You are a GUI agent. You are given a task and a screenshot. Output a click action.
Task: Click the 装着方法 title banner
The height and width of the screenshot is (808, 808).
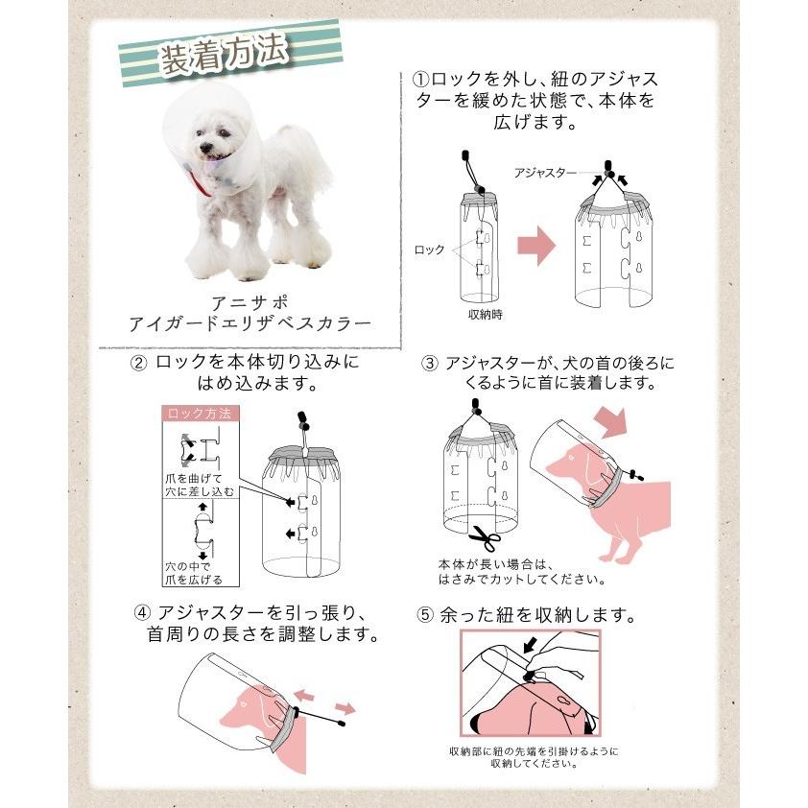click(x=230, y=54)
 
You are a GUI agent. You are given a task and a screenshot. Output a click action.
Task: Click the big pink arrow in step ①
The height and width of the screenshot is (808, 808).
click(x=536, y=246)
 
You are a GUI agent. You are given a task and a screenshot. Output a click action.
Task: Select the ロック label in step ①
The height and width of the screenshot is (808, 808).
click(x=429, y=250)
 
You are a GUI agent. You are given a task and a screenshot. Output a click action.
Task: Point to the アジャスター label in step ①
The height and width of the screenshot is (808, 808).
click(x=545, y=173)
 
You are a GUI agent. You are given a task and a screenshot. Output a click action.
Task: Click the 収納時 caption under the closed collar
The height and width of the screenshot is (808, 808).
click(x=485, y=315)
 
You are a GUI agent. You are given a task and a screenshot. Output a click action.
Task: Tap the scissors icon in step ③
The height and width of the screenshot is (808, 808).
click(x=485, y=538)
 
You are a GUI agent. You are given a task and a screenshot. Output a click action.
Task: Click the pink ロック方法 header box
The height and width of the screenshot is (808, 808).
click(x=201, y=414)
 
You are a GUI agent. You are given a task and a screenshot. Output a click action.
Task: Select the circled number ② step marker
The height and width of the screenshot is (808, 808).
click(x=138, y=364)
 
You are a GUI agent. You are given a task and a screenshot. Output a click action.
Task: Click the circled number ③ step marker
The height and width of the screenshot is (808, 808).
click(x=429, y=364)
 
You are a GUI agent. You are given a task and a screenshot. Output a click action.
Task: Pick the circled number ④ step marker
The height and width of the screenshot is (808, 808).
click(x=142, y=613)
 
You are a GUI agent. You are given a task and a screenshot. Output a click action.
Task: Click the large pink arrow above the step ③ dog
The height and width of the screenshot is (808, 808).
click(x=611, y=422)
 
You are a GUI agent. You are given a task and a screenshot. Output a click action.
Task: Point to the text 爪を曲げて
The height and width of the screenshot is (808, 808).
click(x=193, y=479)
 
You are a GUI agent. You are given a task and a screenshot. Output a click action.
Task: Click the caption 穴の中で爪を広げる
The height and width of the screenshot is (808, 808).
click(x=194, y=573)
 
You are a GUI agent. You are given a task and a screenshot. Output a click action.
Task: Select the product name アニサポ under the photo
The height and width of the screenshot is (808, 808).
click(x=250, y=302)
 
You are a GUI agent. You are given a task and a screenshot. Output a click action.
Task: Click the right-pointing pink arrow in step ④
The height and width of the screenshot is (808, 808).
click(x=345, y=708)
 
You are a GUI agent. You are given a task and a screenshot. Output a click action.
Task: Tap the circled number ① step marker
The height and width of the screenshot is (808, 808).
click(x=421, y=80)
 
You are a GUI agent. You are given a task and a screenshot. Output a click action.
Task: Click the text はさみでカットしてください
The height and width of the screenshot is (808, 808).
click(x=521, y=580)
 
